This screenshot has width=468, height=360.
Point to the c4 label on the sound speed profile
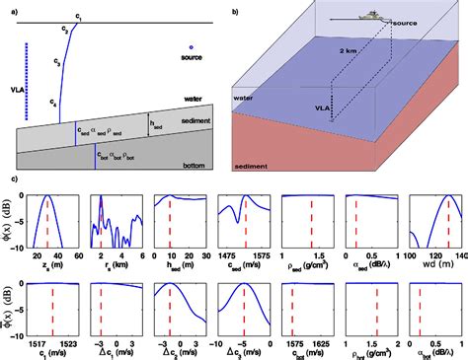54,103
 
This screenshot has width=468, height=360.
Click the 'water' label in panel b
247,98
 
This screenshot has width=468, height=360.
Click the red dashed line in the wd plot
447,222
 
